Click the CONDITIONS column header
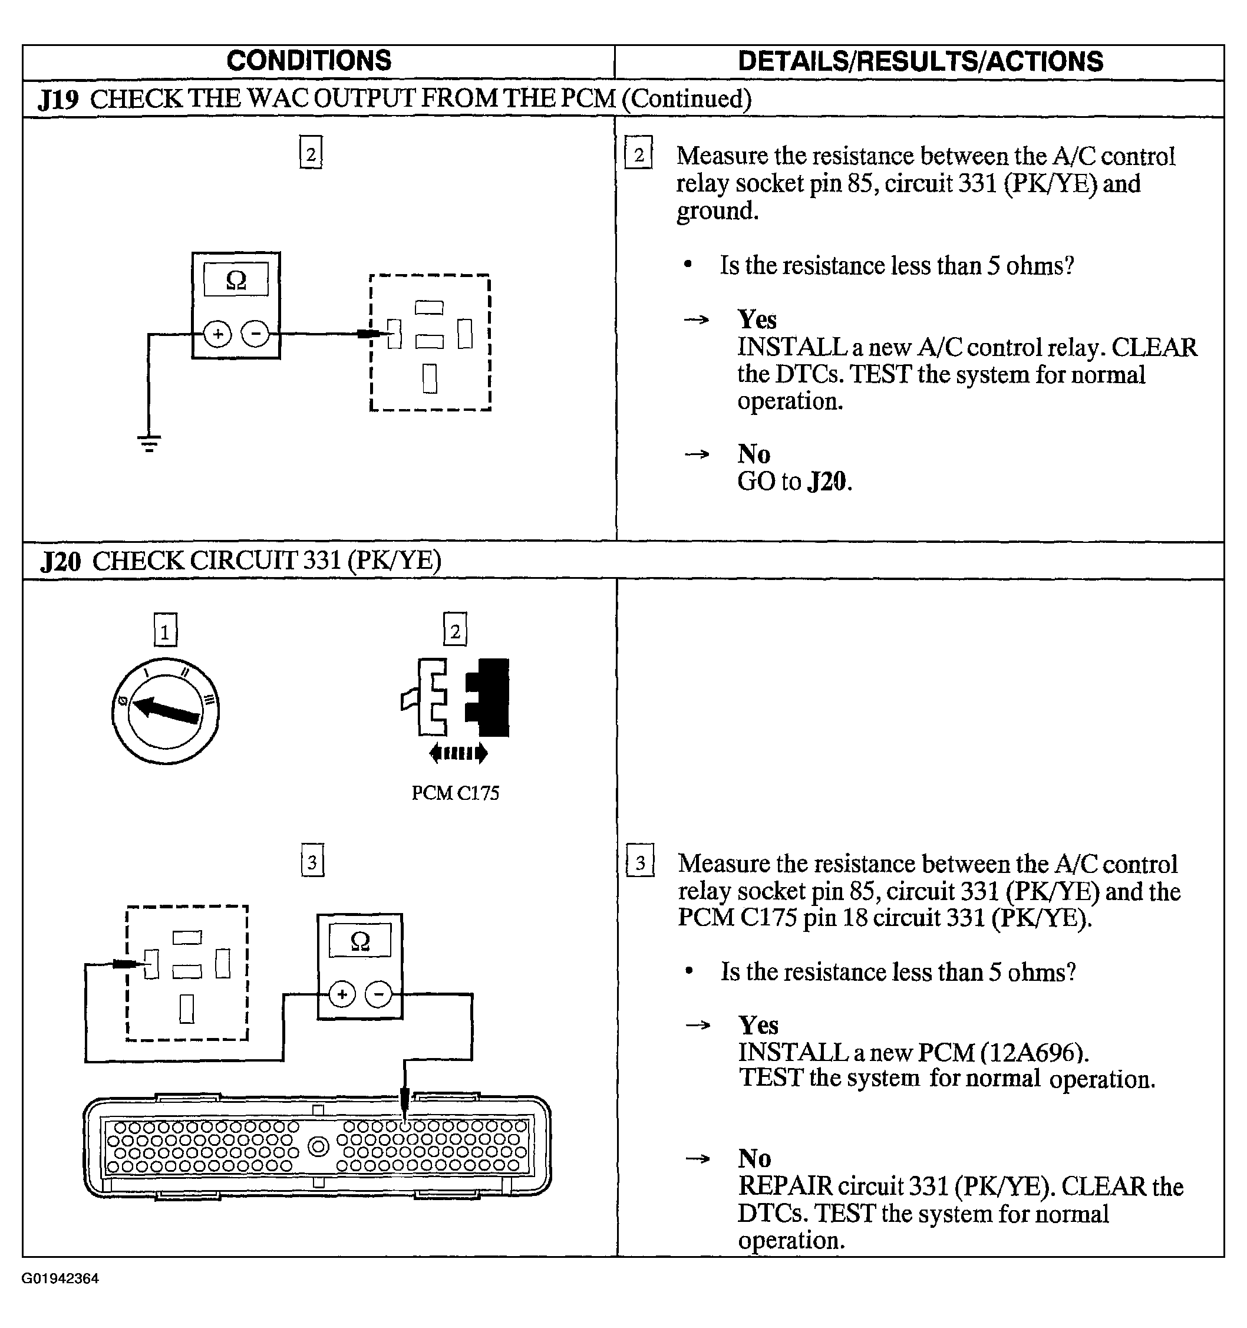click(309, 61)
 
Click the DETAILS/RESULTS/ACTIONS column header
click(921, 61)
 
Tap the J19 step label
click(58, 99)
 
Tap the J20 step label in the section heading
click(60, 561)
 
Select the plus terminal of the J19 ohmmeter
click(217, 334)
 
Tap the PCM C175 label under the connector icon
click(456, 793)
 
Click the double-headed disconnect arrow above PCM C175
click(458, 753)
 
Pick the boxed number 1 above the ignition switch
click(166, 630)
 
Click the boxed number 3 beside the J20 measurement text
click(640, 861)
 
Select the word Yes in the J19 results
click(757, 320)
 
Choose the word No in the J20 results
click(755, 1158)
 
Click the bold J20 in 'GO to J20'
click(827, 482)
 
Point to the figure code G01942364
click(60, 1278)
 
